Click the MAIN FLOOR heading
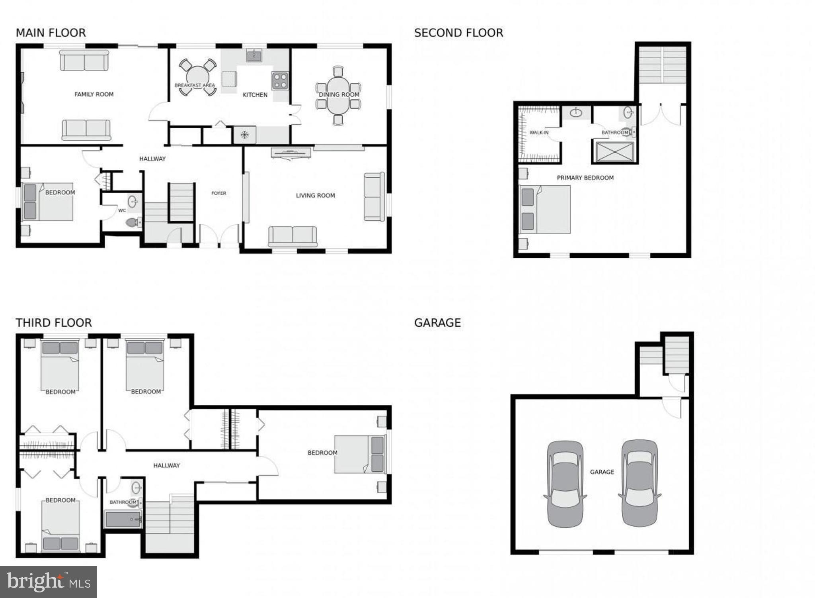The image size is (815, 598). point(51,33)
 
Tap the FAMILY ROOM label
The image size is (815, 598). point(94,94)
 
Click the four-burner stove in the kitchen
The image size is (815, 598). point(280,80)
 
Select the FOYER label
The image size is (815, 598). point(218,193)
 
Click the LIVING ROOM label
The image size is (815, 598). point(315,195)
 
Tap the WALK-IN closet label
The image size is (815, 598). point(539,133)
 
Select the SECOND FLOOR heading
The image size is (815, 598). point(458,33)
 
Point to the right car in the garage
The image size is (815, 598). point(640,483)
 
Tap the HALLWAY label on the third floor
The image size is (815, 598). point(166,465)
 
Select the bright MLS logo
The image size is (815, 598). point(49,582)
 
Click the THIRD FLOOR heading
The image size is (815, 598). point(54,323)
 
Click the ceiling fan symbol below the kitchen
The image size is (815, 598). point(244,135)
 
